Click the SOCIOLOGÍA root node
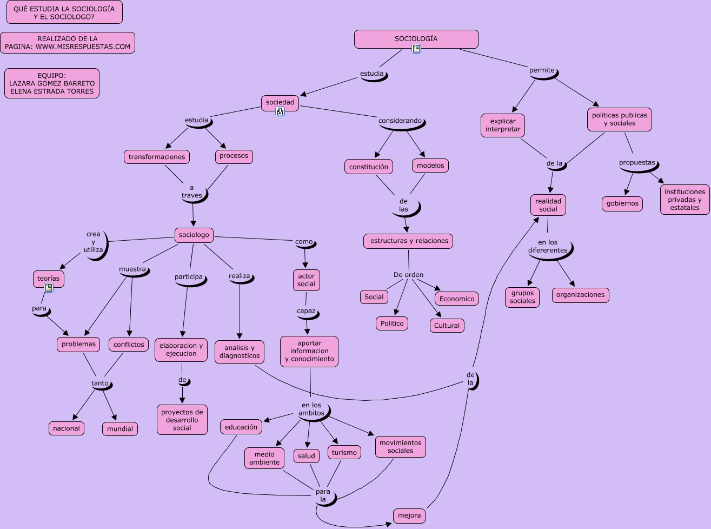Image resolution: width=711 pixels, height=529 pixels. [x=416, y=39]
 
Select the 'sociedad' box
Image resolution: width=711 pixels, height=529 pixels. [x=280, y=102]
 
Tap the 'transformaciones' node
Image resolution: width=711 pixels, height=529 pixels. [x=157, y=157]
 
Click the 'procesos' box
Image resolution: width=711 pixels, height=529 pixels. [x=234, y=156]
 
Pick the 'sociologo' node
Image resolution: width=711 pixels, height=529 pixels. [x=194, y=235]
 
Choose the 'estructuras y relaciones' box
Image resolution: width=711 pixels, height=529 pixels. [x=409, y=241]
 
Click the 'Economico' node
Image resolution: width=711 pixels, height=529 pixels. [x=457, y=299]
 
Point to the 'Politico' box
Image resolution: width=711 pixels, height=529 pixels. [x=392, y=323]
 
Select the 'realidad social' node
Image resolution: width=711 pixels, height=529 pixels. [x=548, y=205]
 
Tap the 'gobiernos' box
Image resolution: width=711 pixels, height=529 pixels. [x=622, y=204]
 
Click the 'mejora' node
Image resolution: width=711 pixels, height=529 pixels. [x=409, y=515]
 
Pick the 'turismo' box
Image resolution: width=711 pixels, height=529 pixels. [x=344, y=452]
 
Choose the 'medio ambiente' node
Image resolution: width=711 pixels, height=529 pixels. [x=264, y=458]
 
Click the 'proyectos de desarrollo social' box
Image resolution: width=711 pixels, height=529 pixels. [x=182, y=420]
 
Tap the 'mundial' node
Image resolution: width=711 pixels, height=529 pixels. [x=120, y=429]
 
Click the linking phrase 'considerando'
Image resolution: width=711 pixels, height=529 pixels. [x=400, y=121]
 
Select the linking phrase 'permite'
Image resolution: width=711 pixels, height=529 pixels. [x=542, y=70]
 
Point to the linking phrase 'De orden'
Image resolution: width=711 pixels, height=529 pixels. [x=408, y=275]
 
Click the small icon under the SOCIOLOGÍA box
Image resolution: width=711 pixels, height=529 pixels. [x=416, y=49]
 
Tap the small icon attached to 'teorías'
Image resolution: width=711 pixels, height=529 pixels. [x=49, y=288]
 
